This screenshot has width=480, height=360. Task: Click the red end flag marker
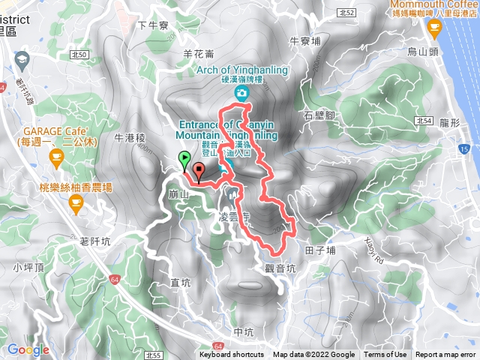[199, 169]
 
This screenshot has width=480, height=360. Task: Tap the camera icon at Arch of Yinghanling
[241, 93]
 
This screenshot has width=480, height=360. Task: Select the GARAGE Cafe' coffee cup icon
[55, 155]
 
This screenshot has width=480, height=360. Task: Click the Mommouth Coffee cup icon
[433, 28]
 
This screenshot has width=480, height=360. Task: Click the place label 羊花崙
[198, 54]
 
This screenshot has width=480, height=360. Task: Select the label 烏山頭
[422, 52]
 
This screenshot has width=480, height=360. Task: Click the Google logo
[28, 349]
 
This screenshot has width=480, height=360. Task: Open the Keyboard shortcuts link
[232, 355]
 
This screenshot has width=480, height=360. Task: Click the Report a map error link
[446, 355]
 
